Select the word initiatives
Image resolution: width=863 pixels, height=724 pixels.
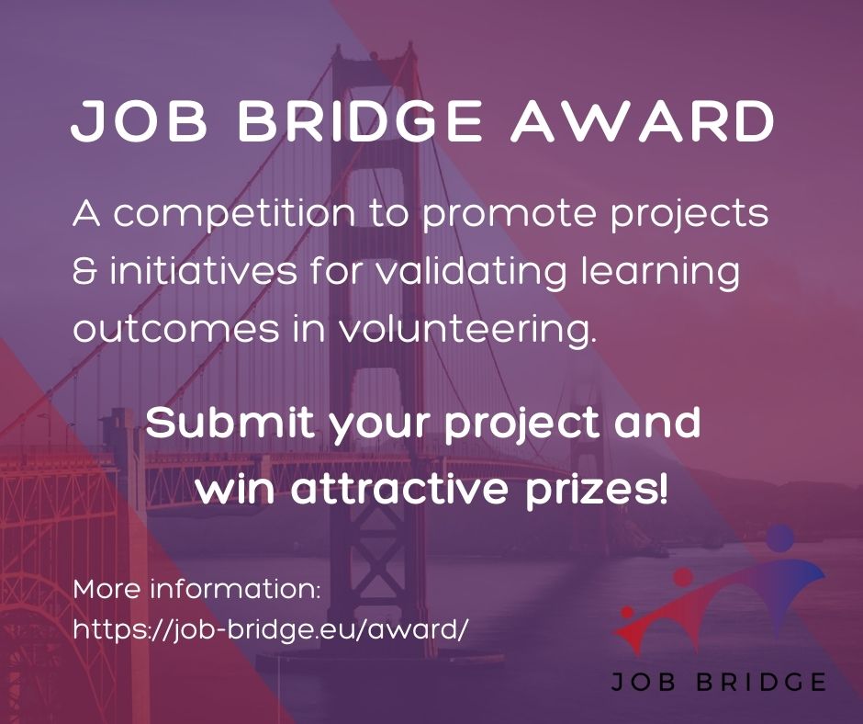pos(189,274)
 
